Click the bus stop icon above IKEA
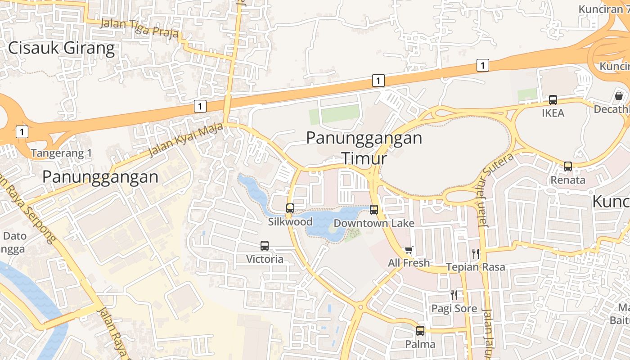(553, 100)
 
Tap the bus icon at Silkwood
(290, 208)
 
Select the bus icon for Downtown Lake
(374, 209)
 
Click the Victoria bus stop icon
(265, 246)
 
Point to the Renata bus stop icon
(568, 166)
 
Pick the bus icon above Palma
(420, 331)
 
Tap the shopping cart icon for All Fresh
(409, 250)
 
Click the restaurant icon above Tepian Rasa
(476, 253)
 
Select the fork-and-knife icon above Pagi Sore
(454, 295)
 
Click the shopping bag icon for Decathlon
(619, 96)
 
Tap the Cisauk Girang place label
(62, 48)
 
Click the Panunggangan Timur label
(364, 148)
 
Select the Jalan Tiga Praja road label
(139, 28)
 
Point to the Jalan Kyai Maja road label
(186, 140)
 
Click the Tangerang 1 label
(61, 153)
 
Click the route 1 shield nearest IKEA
(482, 65)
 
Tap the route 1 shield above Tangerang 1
(22, 132)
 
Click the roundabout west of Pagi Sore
(360, 307)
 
